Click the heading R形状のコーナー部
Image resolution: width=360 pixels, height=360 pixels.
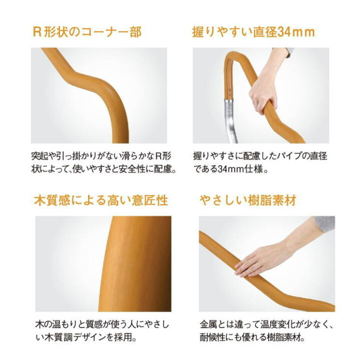click(x=87, y=32)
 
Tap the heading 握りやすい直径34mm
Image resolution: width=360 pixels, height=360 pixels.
click(x=253, y=32)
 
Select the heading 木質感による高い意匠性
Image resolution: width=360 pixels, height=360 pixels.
click(x=100, y=201)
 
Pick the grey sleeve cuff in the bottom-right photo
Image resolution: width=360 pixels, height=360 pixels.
click(x=324, y=223)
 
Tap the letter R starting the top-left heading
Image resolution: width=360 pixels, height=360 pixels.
click(x=36, y=32)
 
